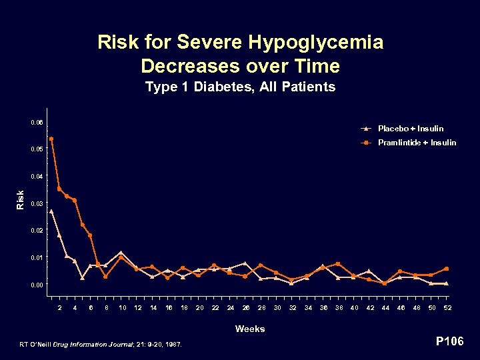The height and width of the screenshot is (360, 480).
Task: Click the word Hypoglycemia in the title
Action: tap(316, 43)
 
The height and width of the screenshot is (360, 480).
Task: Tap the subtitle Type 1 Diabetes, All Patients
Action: tap(240, 87)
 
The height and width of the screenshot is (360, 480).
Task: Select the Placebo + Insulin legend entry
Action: tap(410, 128)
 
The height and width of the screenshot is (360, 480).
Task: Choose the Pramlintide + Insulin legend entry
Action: tap(417, 143)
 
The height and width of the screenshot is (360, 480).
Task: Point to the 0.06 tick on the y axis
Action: tap(37, 123)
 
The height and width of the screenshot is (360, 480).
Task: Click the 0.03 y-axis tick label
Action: tap(37, 203)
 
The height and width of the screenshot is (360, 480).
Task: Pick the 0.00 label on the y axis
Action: tap(37, 285)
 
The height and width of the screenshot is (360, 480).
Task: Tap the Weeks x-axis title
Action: tap(249, 329)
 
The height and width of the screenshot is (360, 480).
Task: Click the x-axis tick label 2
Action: tap(60, 307)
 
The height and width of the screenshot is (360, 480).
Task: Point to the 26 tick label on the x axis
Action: tap(246, 307)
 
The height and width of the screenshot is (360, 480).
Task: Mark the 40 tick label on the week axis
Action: tap(354, 307)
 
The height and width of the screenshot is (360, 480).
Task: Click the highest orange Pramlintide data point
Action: tap(51, 139)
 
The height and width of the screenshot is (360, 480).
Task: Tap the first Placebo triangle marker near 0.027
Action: tap(51, 211)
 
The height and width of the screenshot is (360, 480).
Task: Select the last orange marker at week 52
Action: tap(446, 269)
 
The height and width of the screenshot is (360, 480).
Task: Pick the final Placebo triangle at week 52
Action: tap(446, 283)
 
